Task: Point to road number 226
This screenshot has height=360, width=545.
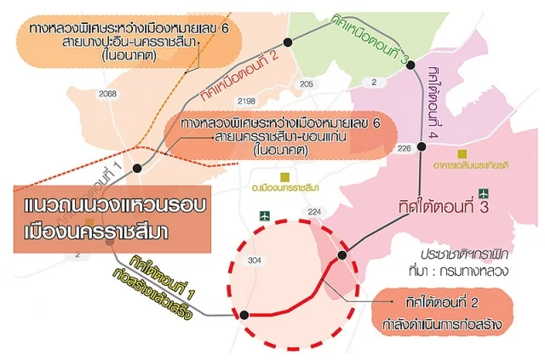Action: click(x=404, y=150)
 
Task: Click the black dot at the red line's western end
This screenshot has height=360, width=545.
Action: click(x=244, y=314)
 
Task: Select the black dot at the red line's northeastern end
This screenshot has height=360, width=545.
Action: click(x=342, y=254)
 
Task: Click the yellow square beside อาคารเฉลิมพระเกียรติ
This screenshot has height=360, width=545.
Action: click(x=463, y=155)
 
